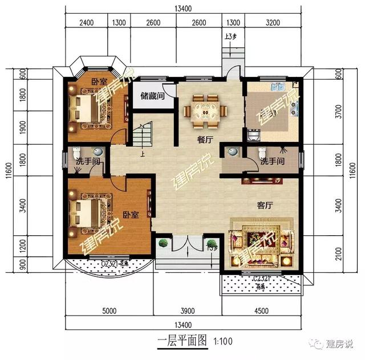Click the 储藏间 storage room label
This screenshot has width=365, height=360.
click(x=152, y=96)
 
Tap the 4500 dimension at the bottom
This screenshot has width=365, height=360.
click(x=259, y=311)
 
